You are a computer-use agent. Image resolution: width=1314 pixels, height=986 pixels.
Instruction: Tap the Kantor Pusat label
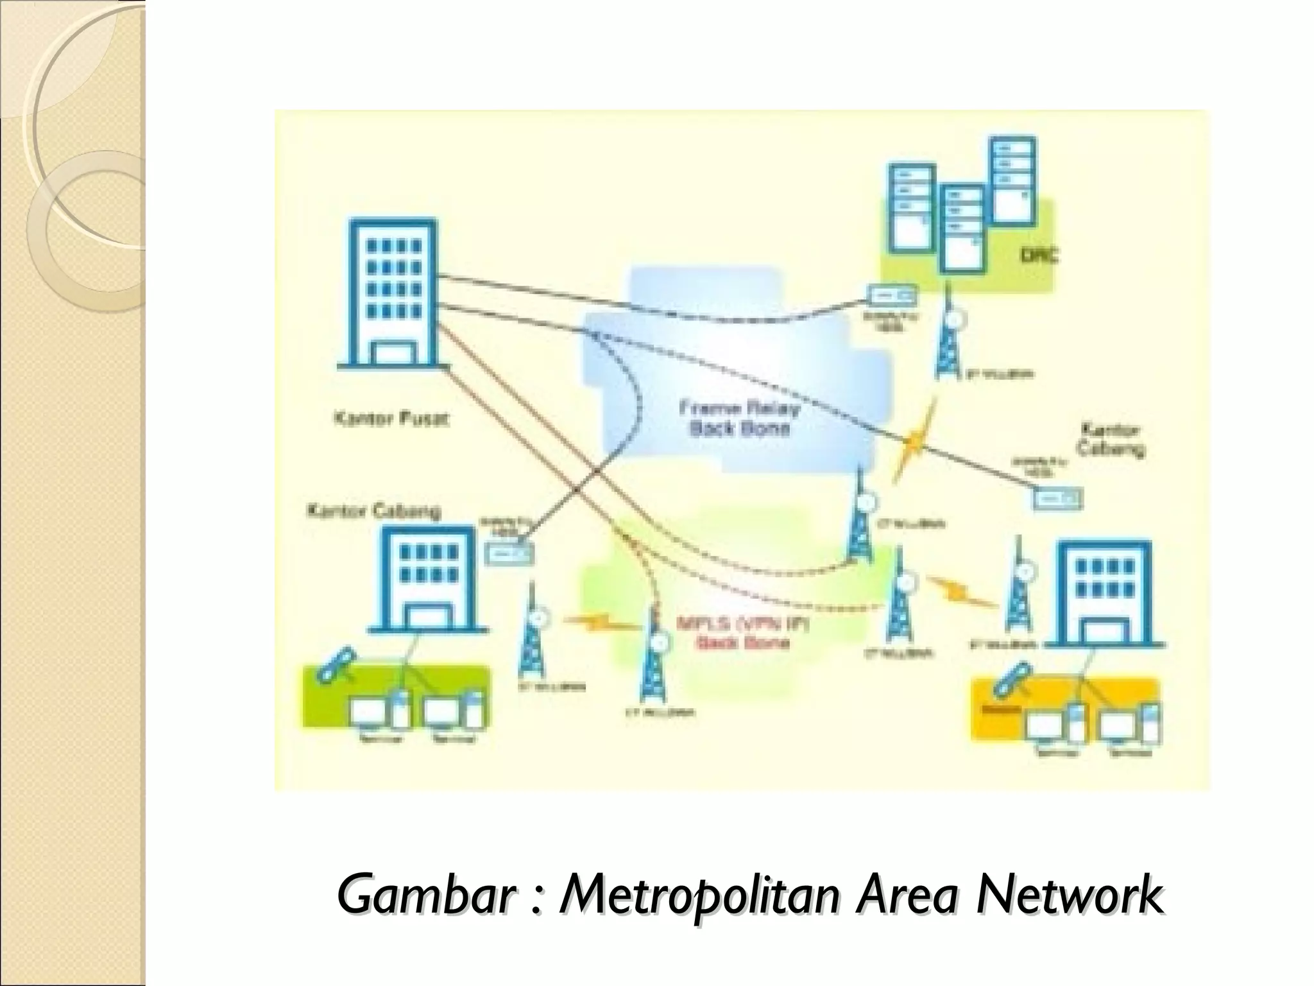391,419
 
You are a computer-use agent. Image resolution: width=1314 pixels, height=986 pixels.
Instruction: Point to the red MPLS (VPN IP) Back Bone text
742,632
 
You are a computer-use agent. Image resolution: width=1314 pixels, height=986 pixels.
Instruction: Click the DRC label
1039,256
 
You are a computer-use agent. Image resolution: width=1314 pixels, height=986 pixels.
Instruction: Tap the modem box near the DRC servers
892,295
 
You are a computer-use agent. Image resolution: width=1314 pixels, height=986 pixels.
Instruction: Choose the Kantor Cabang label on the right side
1109,439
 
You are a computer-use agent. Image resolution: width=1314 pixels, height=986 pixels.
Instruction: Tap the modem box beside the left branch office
508,552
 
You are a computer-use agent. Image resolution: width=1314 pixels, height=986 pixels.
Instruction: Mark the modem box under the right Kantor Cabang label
1057,498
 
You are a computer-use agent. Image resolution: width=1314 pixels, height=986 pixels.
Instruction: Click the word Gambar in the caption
423,893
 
